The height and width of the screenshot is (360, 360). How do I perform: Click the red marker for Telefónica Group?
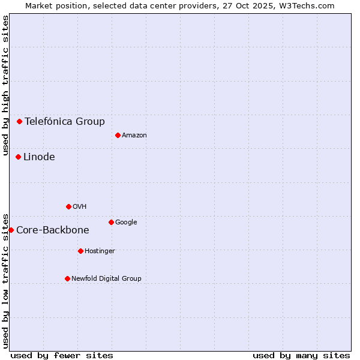click(19, 121)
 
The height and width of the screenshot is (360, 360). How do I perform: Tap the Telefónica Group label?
click(65, 121)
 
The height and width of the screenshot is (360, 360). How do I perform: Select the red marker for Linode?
click(18, 157)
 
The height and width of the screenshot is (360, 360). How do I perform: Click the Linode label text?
click(39, 157)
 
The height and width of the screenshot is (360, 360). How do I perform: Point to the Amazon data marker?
click(118, 135)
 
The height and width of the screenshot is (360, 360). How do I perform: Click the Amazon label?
click(134, 136)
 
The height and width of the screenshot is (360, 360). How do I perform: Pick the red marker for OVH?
click(68, 206)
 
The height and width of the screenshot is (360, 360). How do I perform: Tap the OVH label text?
click(80, 207)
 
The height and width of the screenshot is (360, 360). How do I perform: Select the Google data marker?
click(111, 222)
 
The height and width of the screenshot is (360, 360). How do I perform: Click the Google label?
click(126, 223)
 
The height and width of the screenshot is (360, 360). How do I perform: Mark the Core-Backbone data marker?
click(11, 230)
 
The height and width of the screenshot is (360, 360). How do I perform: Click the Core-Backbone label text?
click(53, 230)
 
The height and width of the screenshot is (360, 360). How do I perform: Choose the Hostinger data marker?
click(80, 251)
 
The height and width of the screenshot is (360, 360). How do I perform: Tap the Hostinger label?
click(100, 251)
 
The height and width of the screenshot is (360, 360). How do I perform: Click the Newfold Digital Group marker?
click(67, 278)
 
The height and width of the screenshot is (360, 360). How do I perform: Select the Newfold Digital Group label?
click(106, 279)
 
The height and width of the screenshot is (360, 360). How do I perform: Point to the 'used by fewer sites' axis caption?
click(62, 355)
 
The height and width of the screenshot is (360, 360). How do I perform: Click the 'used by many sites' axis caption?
click(301, 355)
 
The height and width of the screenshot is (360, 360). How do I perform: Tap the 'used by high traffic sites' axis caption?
click(6, 85)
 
